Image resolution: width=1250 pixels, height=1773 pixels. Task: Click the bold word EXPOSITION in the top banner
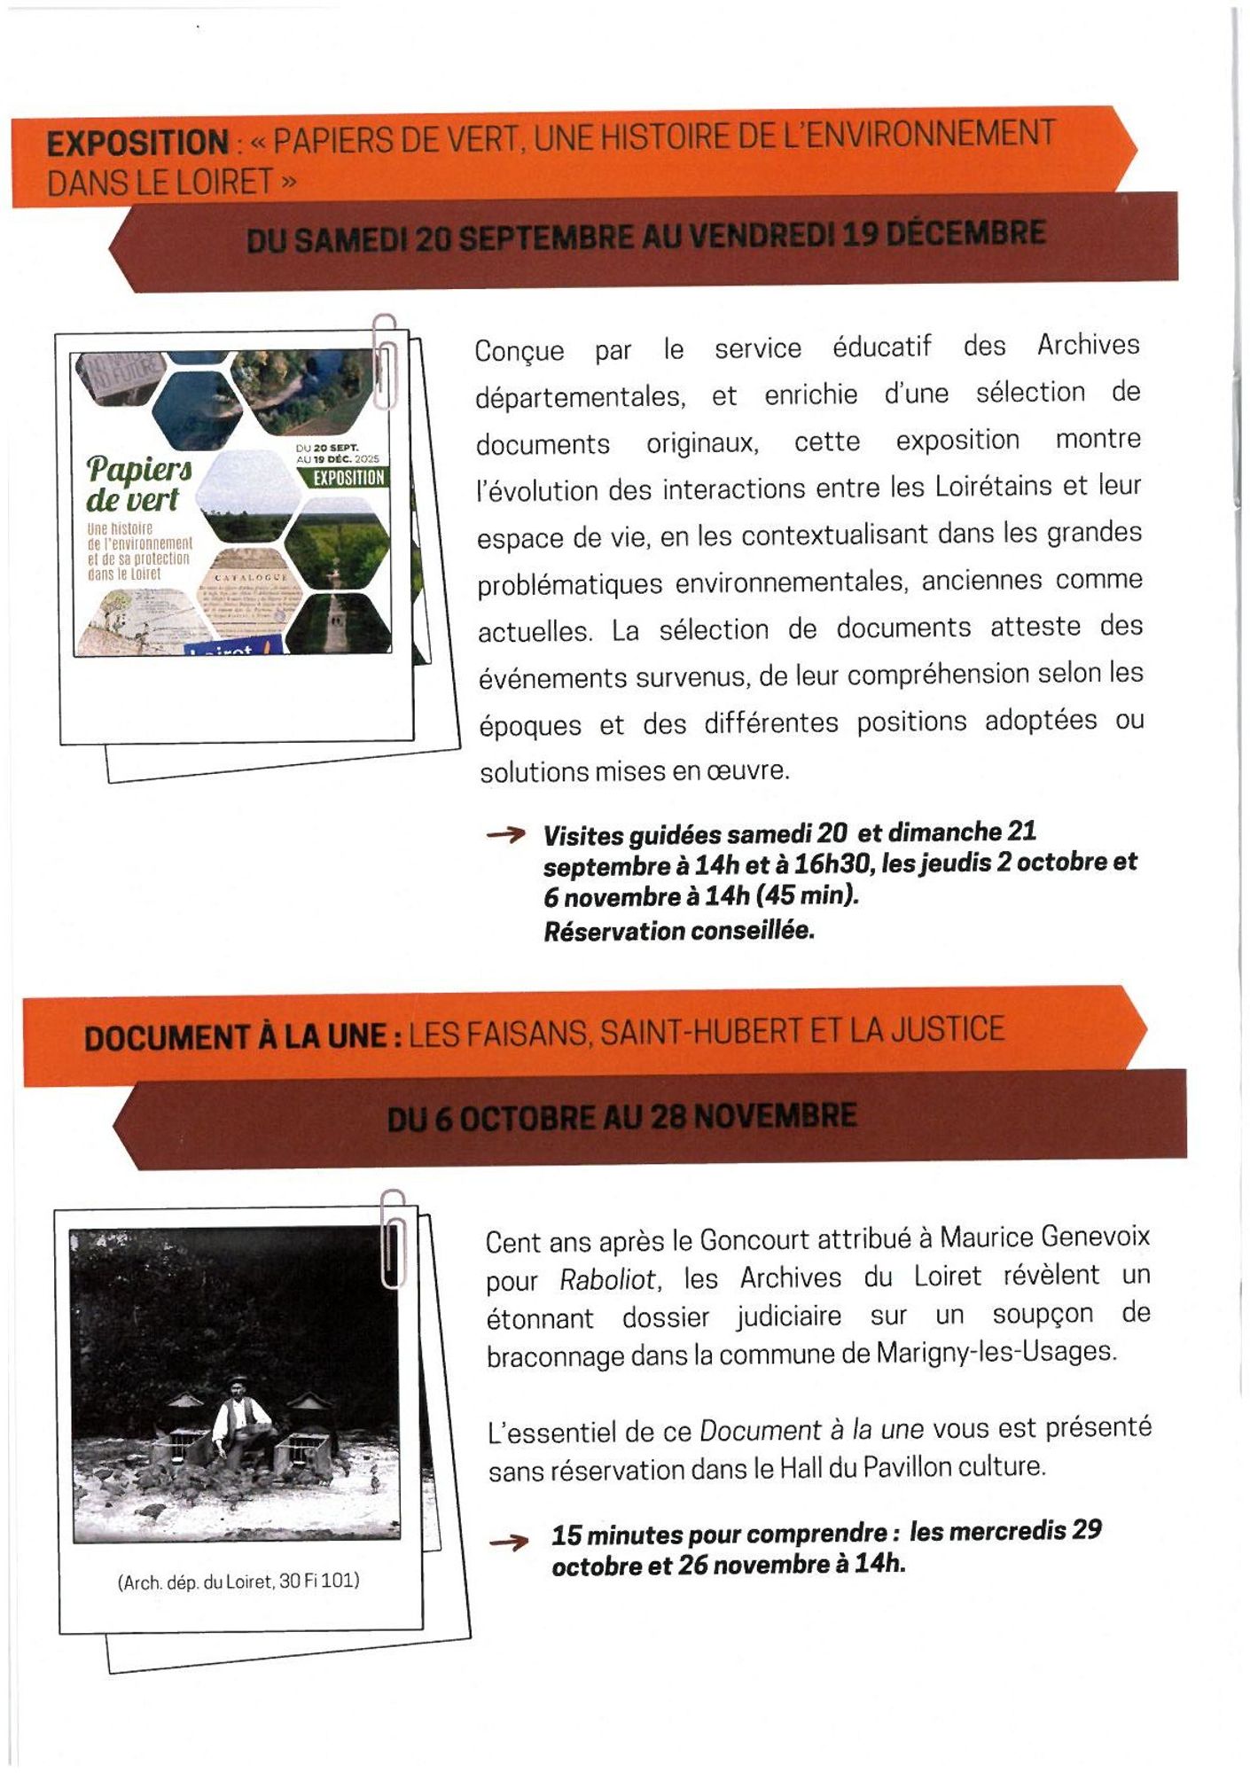[x=137, y=143]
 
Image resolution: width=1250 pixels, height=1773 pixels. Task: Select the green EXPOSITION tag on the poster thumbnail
[x=348, y=478]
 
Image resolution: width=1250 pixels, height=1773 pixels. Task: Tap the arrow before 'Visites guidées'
[x=505, y=834]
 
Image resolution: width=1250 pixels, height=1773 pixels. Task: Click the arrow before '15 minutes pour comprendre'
[x=509, y=1543]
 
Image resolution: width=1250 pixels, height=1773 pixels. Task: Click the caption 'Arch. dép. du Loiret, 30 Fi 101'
[x=238, y=1582]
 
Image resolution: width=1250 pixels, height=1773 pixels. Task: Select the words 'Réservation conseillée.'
[x=679, y=931]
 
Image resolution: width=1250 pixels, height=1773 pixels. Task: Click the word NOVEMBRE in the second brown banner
[x=775, y=1116]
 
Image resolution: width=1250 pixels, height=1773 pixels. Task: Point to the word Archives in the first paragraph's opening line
[x=1088, y=345]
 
